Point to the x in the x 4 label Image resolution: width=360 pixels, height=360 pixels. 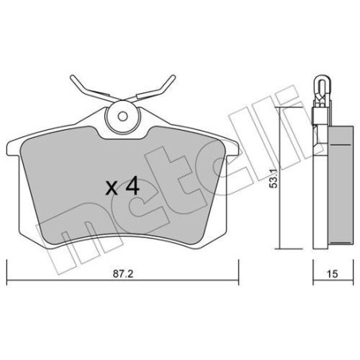pyautogui.click(x=112, y=190)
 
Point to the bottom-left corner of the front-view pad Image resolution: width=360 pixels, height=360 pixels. pyautogui.click(x=33, y=238)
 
